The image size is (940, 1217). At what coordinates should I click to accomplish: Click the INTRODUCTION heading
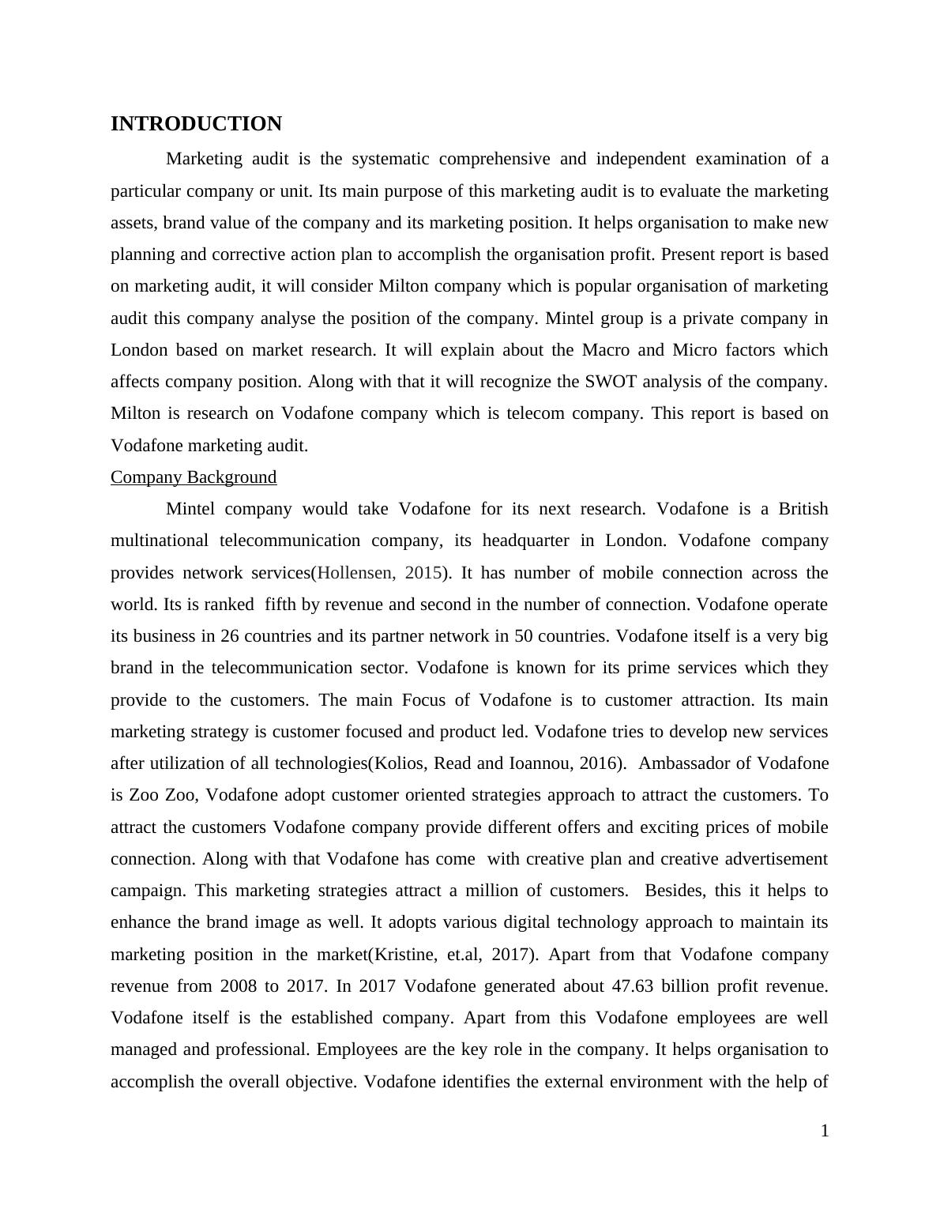196,124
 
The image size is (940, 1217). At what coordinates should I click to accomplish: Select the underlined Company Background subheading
194,477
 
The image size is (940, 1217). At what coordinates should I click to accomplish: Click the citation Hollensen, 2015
378,573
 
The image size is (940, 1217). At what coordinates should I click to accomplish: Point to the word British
803,509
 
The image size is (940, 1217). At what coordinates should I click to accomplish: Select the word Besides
675,891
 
